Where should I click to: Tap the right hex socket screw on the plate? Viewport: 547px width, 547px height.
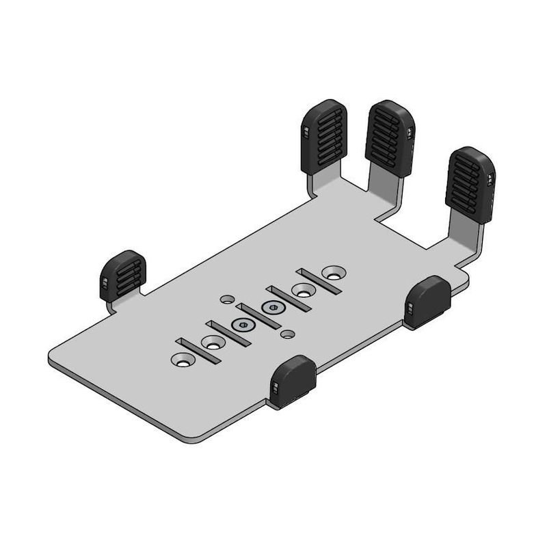(x=272, y=308)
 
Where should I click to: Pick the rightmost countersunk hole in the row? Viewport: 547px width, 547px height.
(x=334, y=272)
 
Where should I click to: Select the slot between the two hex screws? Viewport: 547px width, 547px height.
(x=258, y=317)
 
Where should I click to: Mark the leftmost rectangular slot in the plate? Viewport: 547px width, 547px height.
(x=197, y=350)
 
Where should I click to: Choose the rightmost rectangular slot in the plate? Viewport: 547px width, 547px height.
(x=319, y=281)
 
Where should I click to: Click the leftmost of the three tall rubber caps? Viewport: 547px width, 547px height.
(x=323, y=136)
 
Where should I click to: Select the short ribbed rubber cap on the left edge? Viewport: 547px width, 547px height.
(x=123, y=275)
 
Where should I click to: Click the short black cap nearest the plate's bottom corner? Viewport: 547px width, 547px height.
(x=293, y=381)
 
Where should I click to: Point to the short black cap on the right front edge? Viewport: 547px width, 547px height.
(x=427, y=302)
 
